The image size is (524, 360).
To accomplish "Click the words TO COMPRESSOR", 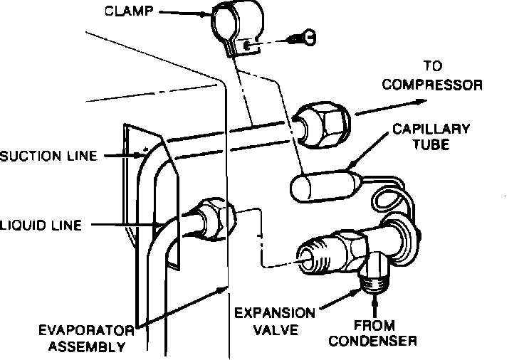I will click(x=432, y=76).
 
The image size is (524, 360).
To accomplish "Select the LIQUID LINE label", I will click(x=41, y=226).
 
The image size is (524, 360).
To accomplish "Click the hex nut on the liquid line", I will click(x=214, y=220).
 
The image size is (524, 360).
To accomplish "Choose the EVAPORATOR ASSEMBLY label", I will click(x=87, y=339).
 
